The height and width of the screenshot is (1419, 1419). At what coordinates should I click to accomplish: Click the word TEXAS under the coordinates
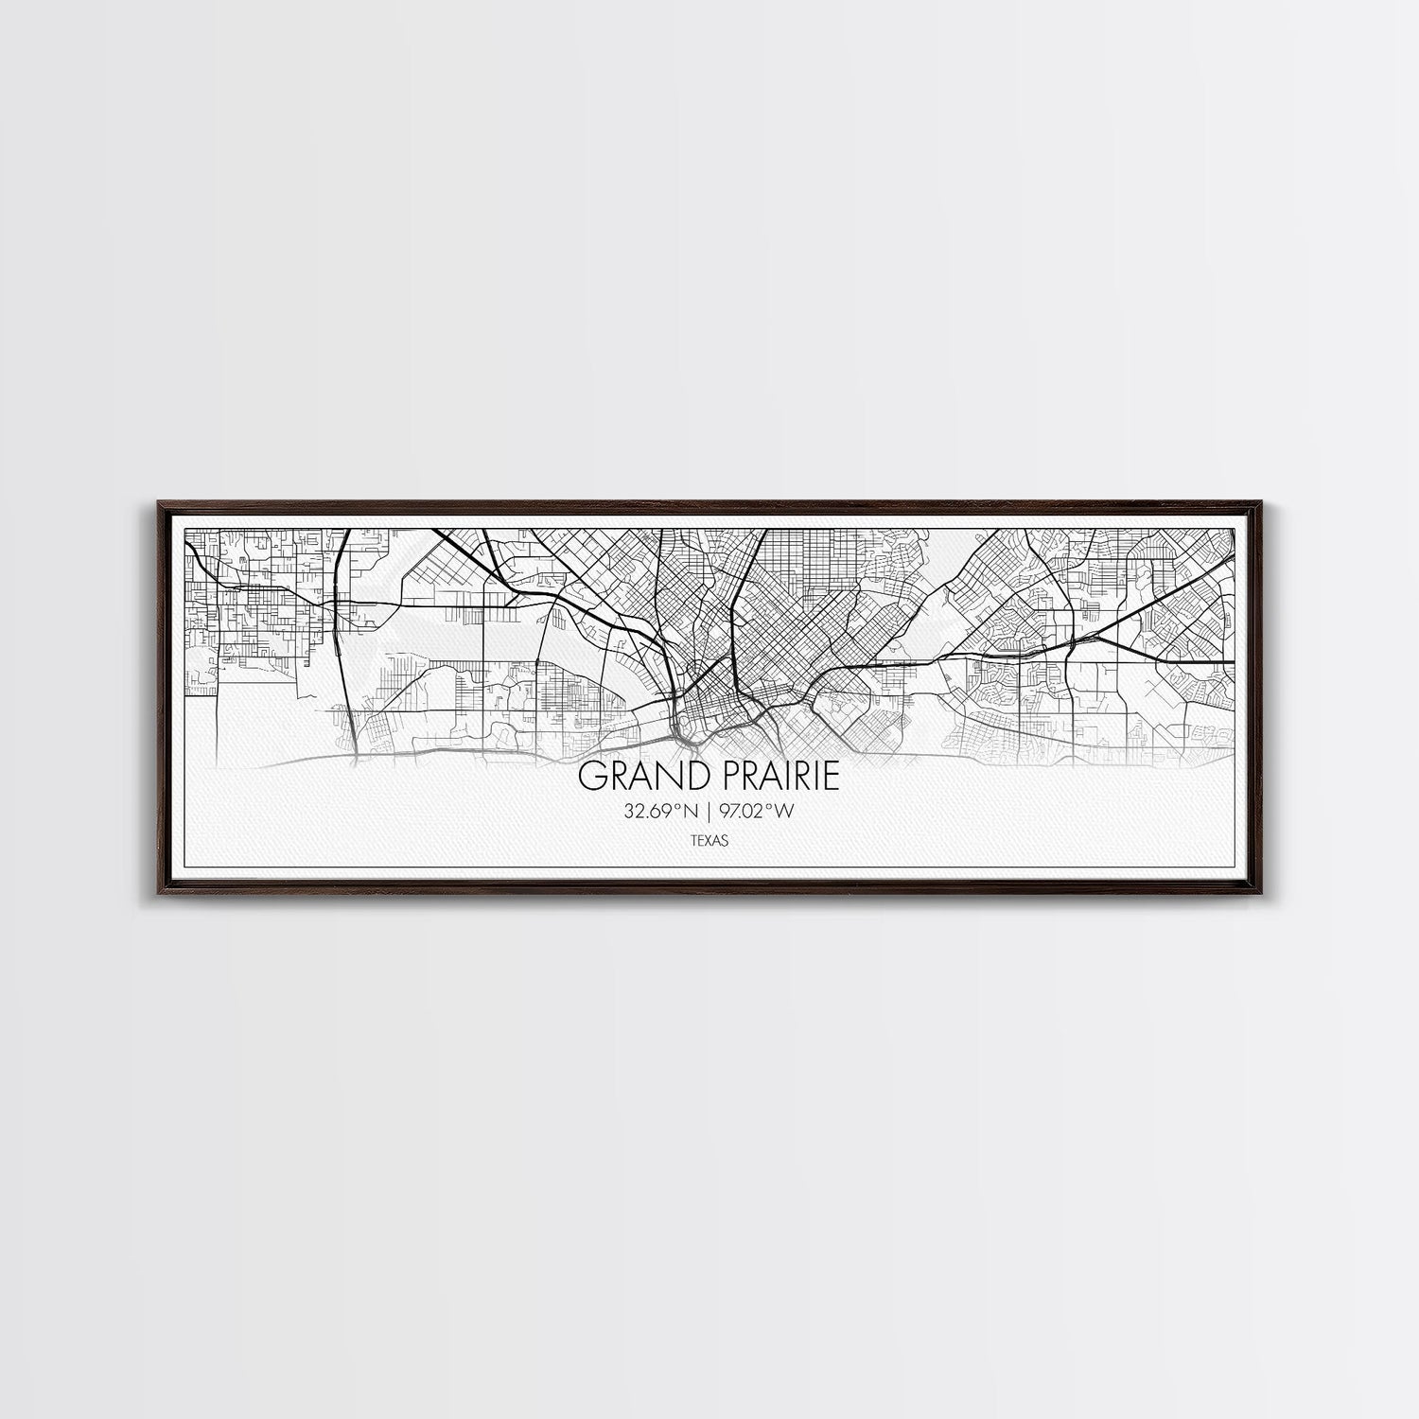pyautogui.click(x=709, y=839)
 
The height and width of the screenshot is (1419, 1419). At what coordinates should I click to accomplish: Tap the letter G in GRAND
pyautogui.click(x=590, y=777)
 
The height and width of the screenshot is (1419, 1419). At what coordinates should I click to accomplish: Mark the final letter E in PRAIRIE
pyautogui.click(x=831, y=777)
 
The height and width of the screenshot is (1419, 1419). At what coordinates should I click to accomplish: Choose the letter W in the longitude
pyautogui.click(x=781, y=811)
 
